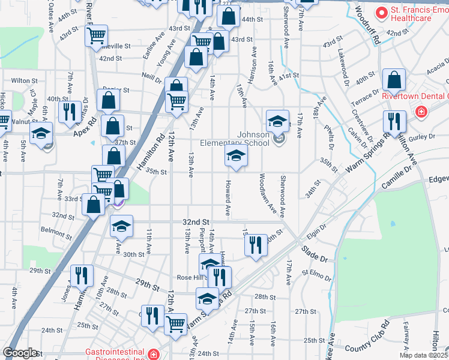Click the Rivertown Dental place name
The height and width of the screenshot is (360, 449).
coord(416,96)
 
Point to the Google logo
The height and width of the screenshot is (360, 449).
coord(20,353)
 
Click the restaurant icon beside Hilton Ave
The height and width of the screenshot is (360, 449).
coord(394,121)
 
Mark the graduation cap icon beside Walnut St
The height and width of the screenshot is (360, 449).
coord(41,133)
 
